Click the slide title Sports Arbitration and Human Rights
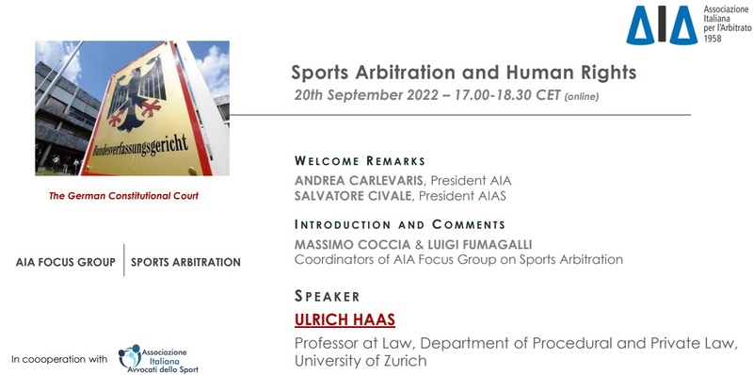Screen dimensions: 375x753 click(463, 73)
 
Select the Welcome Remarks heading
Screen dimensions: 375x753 click(360, 161)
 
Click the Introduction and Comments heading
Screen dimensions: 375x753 click(400, 225)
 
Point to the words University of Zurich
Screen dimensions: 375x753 click(360, 360)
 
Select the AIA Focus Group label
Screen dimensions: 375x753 click(66, 262)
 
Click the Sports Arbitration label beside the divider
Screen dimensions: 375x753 click(185, 262)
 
